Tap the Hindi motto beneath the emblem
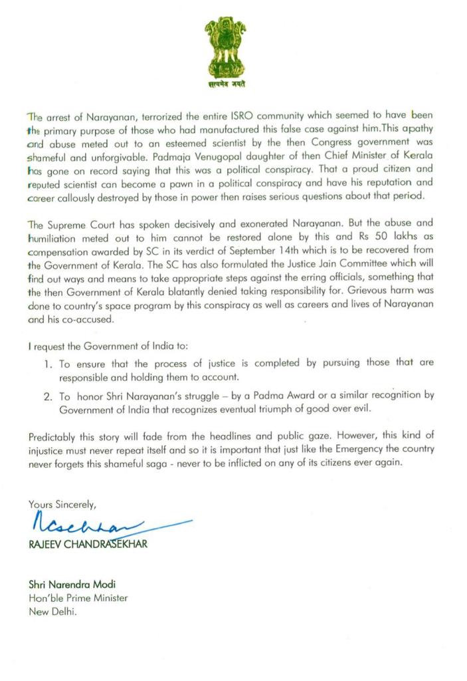pos(225,85)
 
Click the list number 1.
pos(47,363)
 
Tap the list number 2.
pos(47,394)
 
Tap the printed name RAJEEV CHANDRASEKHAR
pos(87,544)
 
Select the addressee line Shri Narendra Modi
pos(72,585)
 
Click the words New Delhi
pos(52,611)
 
